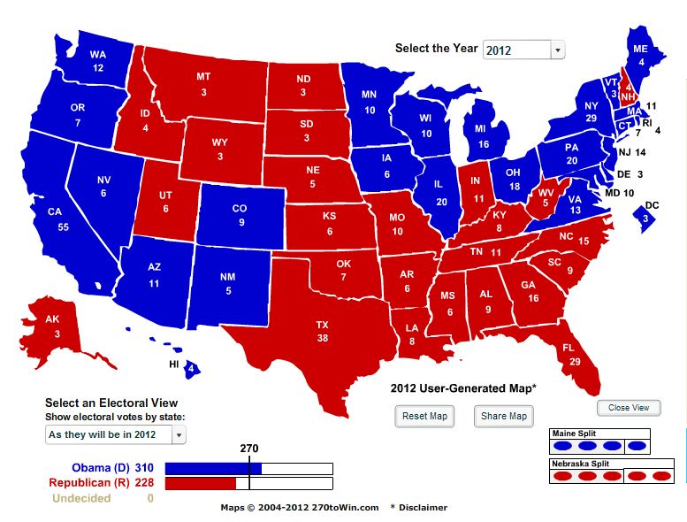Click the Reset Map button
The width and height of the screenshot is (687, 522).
(x=425, y=416)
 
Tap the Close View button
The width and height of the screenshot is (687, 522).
(x=629, y=408)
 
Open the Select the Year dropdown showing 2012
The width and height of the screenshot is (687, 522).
(x=523, y=50)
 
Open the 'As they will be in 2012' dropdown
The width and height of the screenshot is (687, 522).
(x=116, y=434)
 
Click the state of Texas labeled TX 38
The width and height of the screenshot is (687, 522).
(x=322, y=331)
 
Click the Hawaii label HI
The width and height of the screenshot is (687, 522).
(x=174, y=365)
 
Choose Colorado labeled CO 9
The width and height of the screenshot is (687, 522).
(x=241, y=217)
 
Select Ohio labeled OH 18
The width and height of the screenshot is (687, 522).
(x=513, y=180)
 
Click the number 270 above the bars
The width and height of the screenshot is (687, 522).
(x=249, y=448)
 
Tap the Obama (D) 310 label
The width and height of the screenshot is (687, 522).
(x=112, y=467)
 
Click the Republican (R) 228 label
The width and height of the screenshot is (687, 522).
(x=101, y=482)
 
